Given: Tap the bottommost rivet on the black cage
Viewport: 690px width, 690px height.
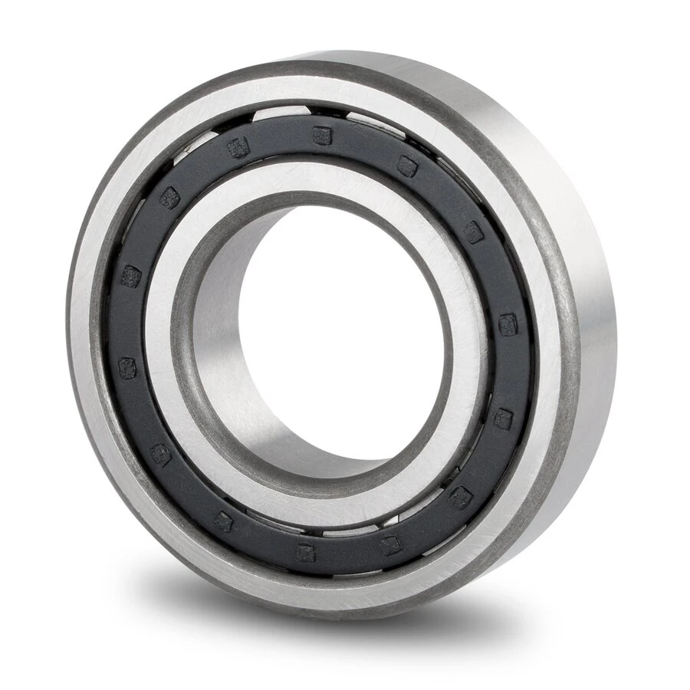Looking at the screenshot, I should coord(306,552).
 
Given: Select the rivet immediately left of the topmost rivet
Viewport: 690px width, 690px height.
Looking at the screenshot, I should coord(238,149).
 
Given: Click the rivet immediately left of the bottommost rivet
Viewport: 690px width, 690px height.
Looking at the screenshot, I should coord(223,521).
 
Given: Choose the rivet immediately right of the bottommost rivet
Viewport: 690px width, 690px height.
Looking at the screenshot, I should coord(391,545).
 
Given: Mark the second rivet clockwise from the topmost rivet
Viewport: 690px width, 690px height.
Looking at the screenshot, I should coord(474,232).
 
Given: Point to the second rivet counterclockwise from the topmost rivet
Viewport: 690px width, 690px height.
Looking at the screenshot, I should coord(169,199).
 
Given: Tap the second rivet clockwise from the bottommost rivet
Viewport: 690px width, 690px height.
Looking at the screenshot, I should coord(160,455).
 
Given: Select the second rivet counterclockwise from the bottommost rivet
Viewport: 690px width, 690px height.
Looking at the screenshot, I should coord(461,497).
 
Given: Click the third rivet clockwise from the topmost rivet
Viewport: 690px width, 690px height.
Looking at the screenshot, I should coord(508,324).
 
